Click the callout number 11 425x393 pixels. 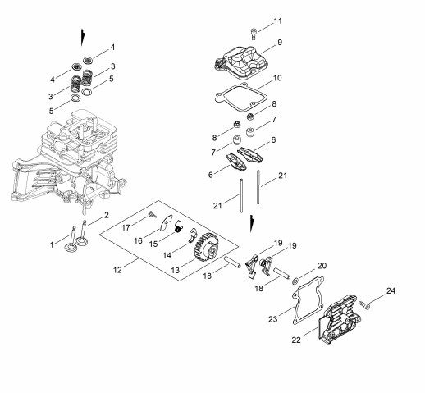[278, 21]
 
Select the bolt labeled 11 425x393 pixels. [254, 34]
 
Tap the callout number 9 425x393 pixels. [280, 43]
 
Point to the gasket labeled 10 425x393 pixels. [240, 98]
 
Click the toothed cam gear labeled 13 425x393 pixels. [207, 248]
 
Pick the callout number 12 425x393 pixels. [117, 270]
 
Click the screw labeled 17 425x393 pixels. [153, 214]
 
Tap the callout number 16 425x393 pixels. [138, 240]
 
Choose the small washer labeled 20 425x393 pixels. [295, 281]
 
